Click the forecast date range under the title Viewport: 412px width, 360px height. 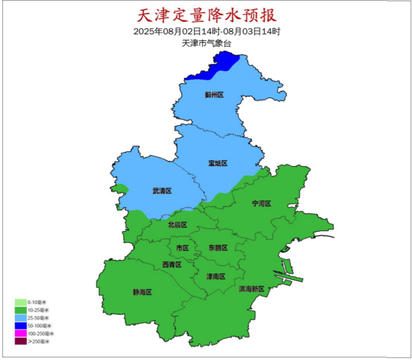click(207, 31)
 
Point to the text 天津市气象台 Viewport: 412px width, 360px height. click(206, 43)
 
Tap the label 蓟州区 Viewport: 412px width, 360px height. click(214, 95)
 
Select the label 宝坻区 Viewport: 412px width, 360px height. click(218, 163)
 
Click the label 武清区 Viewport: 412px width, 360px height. click(162, 191)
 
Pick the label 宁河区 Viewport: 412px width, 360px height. click(261, 204)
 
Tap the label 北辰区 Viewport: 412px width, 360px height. click(177, 225)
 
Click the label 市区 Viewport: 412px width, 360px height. click(182, 248)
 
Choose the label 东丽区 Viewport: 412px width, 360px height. click(218, 248)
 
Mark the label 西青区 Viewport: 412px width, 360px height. click(172, 265)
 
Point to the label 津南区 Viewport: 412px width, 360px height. click(216, 276)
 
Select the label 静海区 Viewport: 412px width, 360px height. click(142, 292)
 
